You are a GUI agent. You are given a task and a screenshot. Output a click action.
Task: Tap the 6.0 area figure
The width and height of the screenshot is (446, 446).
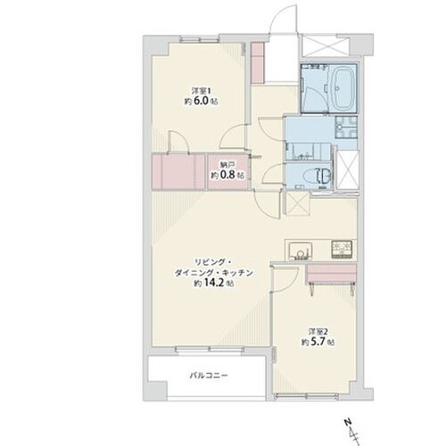click(201, 101)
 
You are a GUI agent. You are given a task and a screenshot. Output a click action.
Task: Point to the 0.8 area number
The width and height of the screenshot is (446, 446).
click(227, 175)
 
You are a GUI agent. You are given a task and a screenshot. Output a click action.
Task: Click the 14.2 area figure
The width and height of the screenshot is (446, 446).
click(213, 283)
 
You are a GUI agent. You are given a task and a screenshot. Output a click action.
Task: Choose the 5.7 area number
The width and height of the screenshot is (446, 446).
click(318, 343)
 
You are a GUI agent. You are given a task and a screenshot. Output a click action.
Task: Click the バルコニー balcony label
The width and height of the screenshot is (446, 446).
click(209, 376)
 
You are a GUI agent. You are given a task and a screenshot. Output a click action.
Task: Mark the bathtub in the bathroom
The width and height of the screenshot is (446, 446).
click(342, 88)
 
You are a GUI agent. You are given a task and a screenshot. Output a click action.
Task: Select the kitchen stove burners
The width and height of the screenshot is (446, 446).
click(342, 249)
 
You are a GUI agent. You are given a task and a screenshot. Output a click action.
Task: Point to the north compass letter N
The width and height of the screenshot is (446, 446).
click(347, 422)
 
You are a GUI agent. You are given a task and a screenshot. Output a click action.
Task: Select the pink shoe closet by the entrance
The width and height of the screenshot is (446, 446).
click(257, 63)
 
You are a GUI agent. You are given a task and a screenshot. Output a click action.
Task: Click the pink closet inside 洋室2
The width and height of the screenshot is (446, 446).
click(331, 274)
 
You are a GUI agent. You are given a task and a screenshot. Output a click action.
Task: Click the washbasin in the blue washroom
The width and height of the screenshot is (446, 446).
click(346, 128)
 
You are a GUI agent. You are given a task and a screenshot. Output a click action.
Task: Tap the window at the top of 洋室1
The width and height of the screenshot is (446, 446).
click(200, 39)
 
